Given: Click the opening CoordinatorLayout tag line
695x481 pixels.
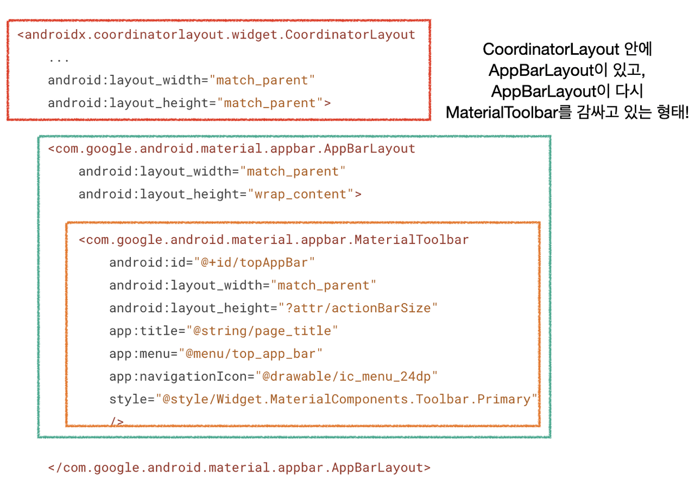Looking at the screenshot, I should pos(216,35).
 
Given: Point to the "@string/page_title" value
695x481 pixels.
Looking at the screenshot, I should pos(262,331).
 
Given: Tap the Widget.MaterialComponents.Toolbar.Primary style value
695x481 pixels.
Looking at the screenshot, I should pos(346,399).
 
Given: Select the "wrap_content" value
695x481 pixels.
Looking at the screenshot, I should pos(301,194).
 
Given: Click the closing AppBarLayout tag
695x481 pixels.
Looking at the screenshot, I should pos(239,467).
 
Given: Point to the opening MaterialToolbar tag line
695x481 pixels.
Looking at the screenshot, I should pos(274,240).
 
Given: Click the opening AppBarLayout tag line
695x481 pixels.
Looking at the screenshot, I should pos(232,149).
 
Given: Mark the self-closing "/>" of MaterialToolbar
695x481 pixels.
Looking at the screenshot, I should pos(117,421).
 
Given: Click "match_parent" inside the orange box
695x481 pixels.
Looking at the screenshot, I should pos(324,285).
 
